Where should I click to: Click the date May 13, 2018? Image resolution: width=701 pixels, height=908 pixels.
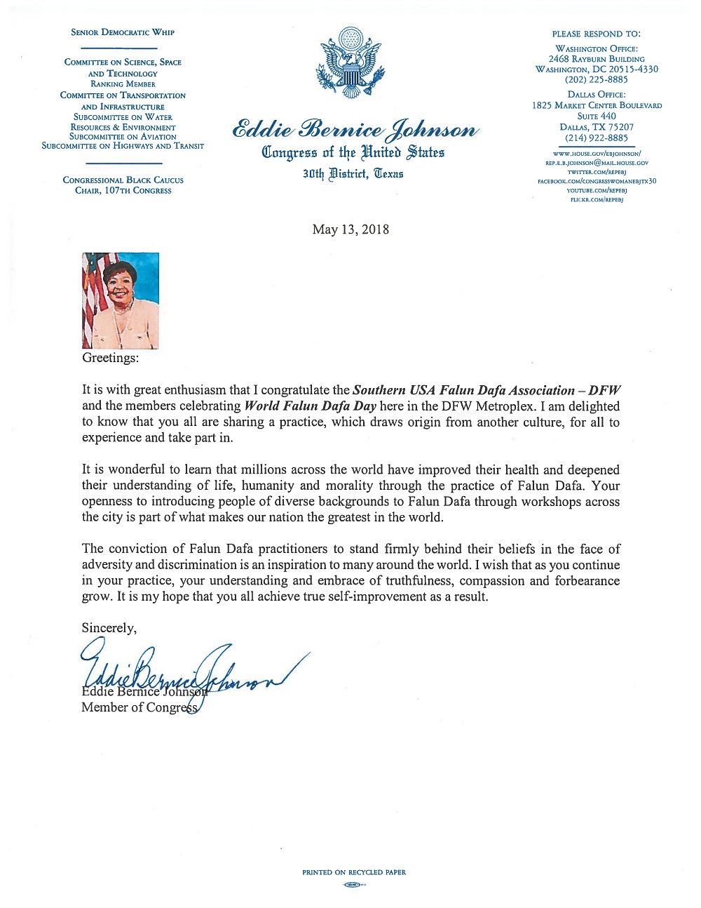tap(350, 229)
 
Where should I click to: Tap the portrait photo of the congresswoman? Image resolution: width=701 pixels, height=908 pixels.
tap(121, 300)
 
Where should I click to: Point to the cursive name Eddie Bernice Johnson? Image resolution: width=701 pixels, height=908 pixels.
tap(355, 131)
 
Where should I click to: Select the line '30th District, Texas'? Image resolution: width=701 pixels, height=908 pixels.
tap(353, 173)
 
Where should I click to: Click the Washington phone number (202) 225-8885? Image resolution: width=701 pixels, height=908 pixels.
tap(597, 80)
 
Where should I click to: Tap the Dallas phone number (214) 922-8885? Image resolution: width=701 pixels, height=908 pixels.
tap(597, 138)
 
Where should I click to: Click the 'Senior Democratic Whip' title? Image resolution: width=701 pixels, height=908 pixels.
tap(123, 32)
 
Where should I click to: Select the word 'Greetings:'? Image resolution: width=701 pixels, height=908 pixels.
tap(111, 358)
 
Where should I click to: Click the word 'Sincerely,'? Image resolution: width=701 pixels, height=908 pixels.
tap(109, 628)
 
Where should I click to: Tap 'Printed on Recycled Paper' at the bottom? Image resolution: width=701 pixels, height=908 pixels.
tap(354, 872)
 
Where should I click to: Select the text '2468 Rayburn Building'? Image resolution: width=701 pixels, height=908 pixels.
tap(597, 59)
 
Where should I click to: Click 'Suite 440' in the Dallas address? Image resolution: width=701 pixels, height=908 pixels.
tap(597, 116)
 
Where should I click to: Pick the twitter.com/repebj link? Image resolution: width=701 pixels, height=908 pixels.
tap(597, 171)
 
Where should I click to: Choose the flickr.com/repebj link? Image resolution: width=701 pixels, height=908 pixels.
tap(597, 200)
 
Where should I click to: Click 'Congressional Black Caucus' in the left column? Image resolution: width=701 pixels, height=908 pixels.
tap(123, 180)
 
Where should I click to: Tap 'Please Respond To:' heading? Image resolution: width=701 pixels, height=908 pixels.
tap(597, 34)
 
